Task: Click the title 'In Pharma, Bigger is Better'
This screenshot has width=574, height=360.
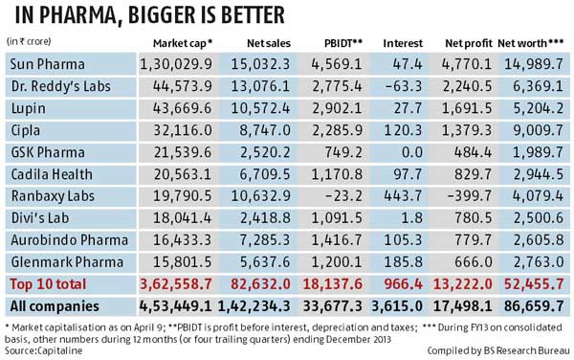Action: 144,16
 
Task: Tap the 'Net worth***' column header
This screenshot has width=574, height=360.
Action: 532,44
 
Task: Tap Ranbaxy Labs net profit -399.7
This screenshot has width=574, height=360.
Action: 471,194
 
